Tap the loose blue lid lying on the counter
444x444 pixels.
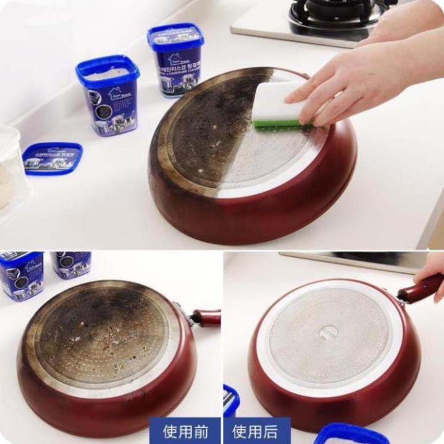[x=52, y=158]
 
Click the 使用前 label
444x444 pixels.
[x=184, y=430]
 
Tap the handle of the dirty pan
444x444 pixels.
[x=205, y=318]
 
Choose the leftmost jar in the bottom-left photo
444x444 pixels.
[x=22, y=274]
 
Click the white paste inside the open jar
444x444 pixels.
[x=105, y=73]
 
